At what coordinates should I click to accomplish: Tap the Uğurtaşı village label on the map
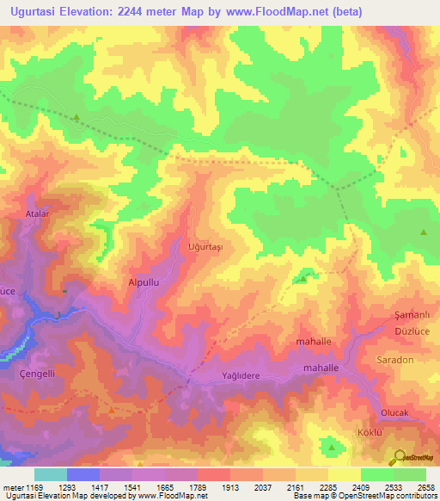click(x=205, y=247)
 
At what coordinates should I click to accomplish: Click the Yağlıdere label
click(x=239, y=375)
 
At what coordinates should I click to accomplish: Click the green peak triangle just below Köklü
click(x=332, y=447)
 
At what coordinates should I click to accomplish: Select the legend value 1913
click(x=230, y=487)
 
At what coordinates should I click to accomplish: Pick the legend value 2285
click(x=327, y=487)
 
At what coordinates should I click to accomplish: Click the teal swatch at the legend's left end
click(x=51, y=474)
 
